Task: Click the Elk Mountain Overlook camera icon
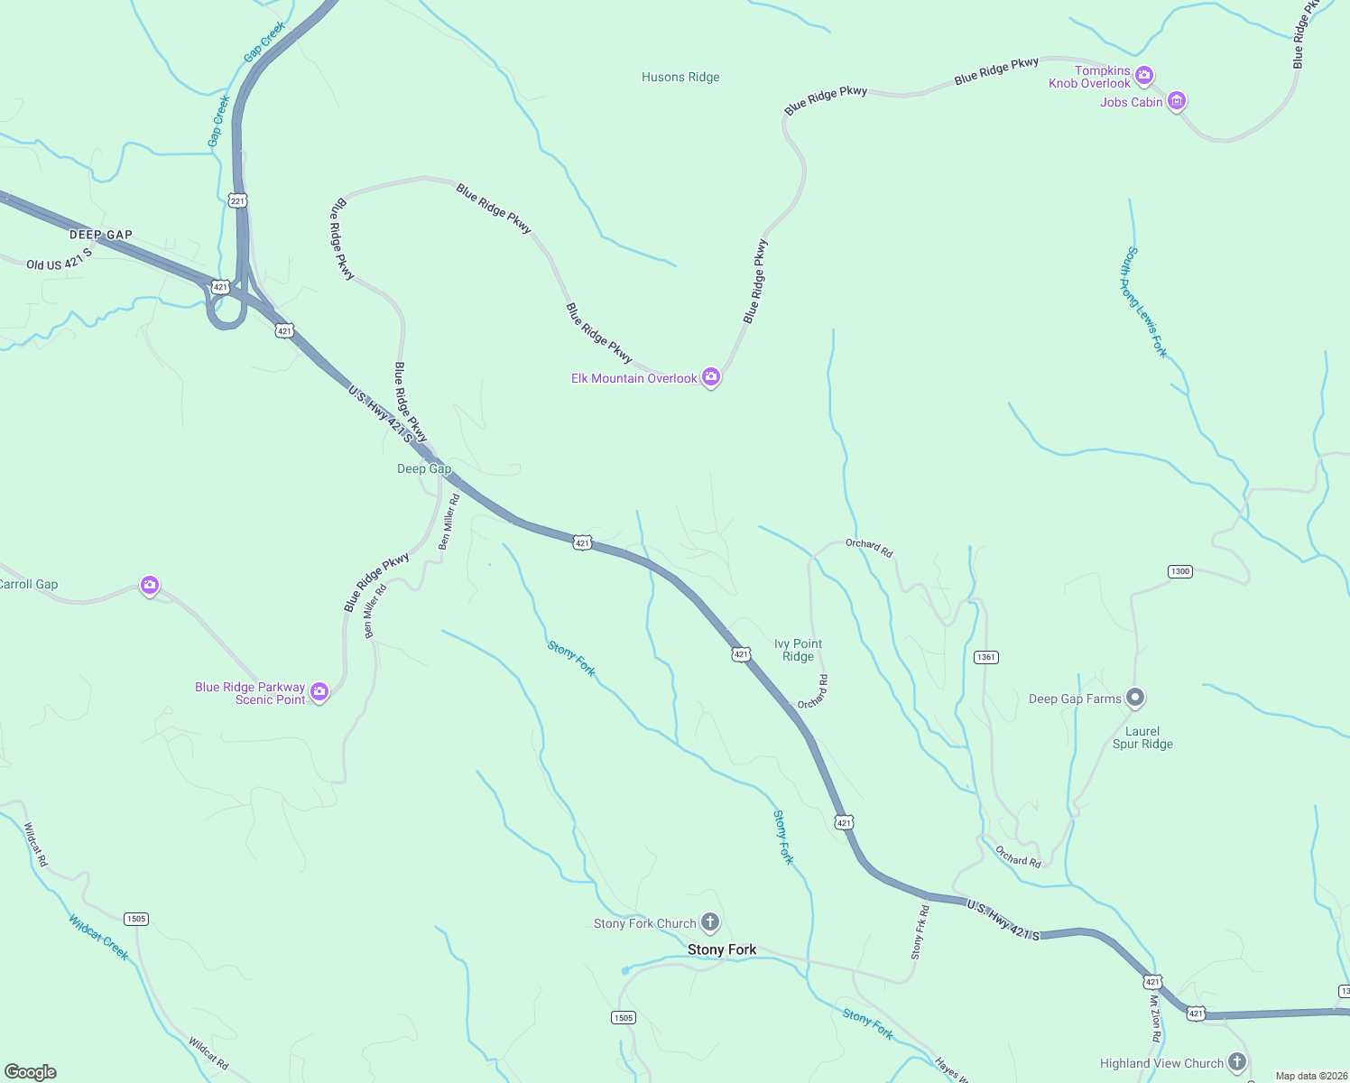pos(711,377)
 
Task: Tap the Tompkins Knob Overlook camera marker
pos(1143,76)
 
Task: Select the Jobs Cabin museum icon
pos(1176,101)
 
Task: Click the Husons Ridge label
pos(680,78)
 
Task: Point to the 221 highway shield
pos(237,200)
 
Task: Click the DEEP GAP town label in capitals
pos(101,235)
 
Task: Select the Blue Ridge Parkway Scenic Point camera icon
pos(319,692)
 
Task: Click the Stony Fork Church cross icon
pos(710,922)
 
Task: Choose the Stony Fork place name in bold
pos(722,949)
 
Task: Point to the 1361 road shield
pos(985,657)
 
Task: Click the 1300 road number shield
pos(1179,571)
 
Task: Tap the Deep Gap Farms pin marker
pos(1136,698)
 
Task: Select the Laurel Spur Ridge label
pos(1142,738)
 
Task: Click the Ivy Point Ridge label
pos(798,650)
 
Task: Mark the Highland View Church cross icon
pos(1237,1062)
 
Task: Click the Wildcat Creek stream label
pos(99,937)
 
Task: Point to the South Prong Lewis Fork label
pos(1143,302)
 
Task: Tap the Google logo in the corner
pos(31,1071)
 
